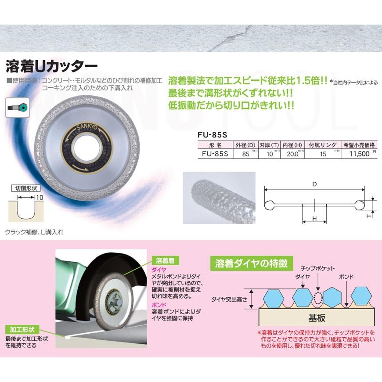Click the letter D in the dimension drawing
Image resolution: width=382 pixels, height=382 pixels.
[x=314, y=185]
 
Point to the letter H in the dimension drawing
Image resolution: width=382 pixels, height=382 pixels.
[x=314, y=218]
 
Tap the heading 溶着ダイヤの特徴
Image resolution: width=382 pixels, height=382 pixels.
[x=251, y=263]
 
